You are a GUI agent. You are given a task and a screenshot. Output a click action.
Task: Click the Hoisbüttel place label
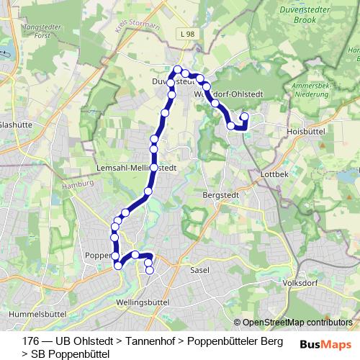click(307, 131)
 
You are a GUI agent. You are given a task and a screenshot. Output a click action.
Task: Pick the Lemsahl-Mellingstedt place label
click(137, 166)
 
